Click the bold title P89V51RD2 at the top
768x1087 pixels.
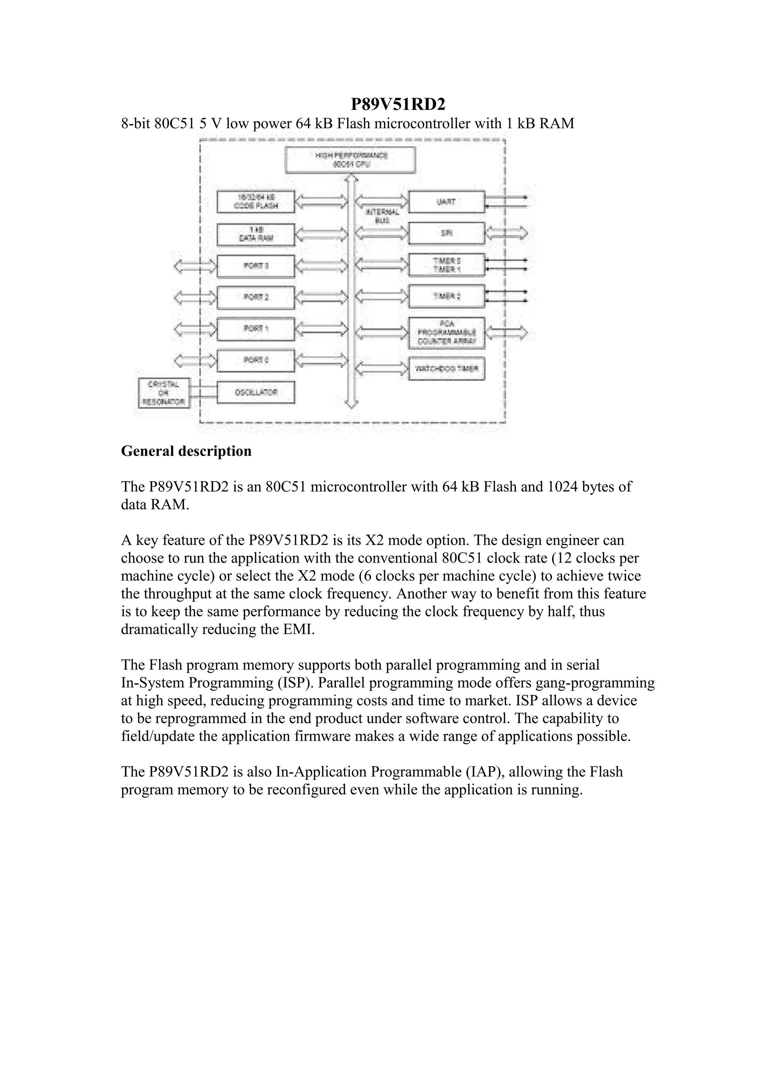398,104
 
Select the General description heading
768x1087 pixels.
186,451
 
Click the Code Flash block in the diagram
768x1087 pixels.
255,202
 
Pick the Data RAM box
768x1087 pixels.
255,234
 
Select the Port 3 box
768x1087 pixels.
255,266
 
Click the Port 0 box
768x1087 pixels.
255,360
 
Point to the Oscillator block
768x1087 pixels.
255,392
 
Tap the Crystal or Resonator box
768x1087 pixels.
163,393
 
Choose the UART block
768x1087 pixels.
446,202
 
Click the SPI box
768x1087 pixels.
446,233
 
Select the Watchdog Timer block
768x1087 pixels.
446,369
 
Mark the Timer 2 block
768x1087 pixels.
446,296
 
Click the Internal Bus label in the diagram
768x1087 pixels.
382,216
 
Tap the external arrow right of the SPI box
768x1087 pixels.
507,233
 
